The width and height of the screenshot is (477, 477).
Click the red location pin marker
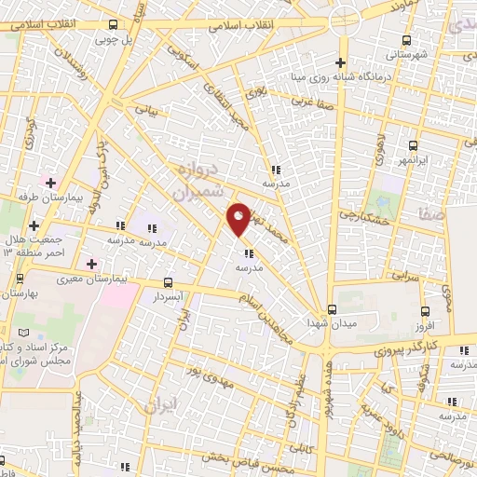[238, 219]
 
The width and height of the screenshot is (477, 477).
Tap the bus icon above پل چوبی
[112, 25]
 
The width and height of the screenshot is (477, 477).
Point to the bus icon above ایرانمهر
[414, 145]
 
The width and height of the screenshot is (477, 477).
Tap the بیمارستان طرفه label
[54, 198]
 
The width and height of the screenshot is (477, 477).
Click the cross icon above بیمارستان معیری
[90, 264]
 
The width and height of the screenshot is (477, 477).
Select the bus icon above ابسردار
[168, 281]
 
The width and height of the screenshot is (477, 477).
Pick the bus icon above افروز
[426, 312]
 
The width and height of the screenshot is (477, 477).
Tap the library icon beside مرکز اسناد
[36, 333]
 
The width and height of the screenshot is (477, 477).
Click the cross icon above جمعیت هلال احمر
[34, 225]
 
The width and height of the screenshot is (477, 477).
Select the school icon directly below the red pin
[248, 252]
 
